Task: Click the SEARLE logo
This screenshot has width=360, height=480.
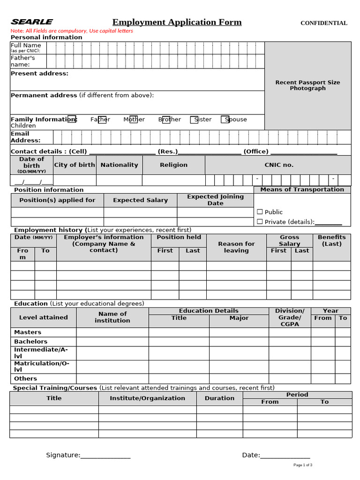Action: [32, 22]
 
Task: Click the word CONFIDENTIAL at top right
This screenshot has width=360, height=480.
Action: [323, 23]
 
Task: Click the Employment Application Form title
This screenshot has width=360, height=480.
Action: [177, 22]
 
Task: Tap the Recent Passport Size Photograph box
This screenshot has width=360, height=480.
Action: [307, 85]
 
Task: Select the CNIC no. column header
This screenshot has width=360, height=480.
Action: [278, 165]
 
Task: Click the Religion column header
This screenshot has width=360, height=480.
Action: [173, 165]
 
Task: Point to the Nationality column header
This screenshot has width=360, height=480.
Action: [119, 165]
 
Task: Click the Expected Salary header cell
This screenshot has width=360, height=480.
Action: [140, 200]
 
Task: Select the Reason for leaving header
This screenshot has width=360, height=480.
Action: [236, 247]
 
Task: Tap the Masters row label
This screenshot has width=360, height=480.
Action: [28, 332]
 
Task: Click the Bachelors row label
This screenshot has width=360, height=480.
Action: [30, 342]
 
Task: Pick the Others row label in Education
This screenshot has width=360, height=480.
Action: [25, 379]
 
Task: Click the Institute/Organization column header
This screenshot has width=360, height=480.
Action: [147, 398]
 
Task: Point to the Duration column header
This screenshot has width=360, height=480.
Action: [219, 398]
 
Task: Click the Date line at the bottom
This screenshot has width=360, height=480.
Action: [285, 456]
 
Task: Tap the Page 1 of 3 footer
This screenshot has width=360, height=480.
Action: [303, 465]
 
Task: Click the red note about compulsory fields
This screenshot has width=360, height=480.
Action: [72, 31]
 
